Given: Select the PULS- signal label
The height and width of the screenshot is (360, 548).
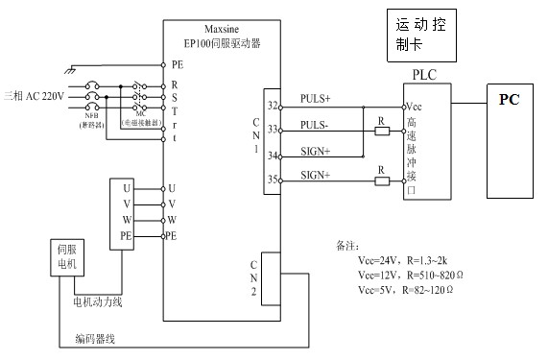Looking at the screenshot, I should (x=315, y=124).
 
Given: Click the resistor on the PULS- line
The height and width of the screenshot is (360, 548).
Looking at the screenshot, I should (x=381, y=131).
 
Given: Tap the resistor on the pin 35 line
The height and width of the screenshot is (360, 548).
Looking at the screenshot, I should (x=381, y=180).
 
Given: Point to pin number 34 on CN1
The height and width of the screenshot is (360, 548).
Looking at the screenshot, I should (x=274, y=155).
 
